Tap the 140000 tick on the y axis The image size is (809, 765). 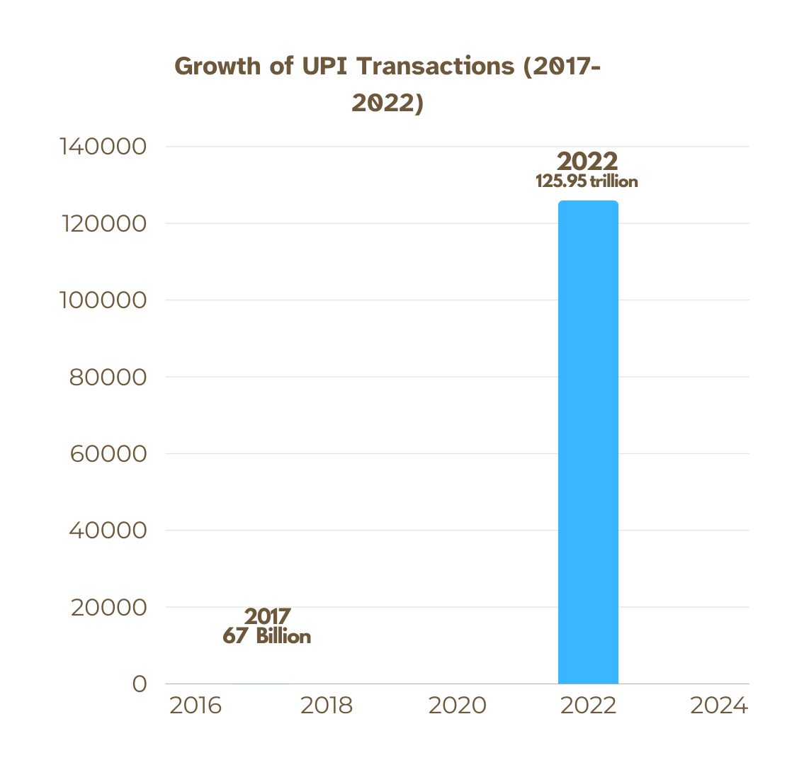coord(103,147)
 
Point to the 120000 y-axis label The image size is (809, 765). coord(103,224)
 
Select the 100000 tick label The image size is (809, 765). coord(103,300)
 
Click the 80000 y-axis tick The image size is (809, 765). coord(108,377)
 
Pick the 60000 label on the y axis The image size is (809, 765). coord(108,454)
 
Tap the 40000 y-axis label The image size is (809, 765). coord(108,531)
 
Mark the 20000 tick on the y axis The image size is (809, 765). coord(108,608)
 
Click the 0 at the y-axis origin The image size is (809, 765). coord(139,684)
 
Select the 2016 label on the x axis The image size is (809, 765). coord(196,706)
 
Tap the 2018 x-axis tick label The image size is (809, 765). coord(327,706)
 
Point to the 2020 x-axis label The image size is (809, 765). coord(458,706)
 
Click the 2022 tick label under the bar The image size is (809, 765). coord(588,706)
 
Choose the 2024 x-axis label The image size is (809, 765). coord(719,706)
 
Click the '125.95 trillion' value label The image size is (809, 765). coord(587,181)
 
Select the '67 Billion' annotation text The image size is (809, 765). coord(267,636)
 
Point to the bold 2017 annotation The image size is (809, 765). coord(268,616)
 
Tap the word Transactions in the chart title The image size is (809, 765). coord(434,66)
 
